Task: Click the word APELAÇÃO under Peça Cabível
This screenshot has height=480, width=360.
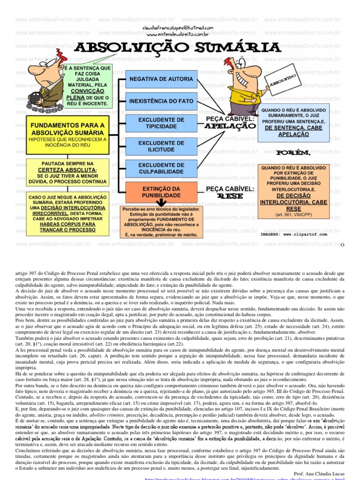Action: coord(230,127)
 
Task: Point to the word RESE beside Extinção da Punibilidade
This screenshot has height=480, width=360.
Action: coord(230,196)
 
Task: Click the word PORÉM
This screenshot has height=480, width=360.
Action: coord(293,153)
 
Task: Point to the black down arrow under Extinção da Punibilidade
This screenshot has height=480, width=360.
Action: coord(161,202)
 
